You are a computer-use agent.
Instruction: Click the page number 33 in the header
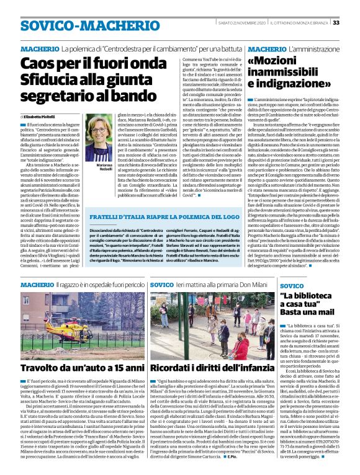coord(352,24)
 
